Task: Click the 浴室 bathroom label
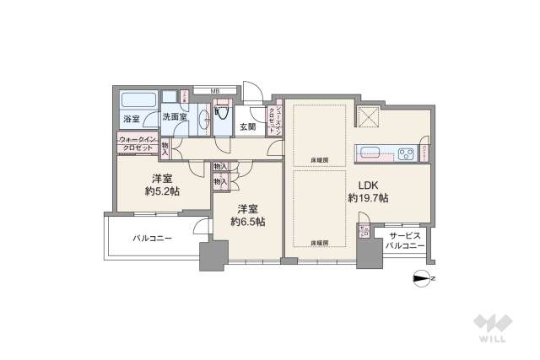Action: click(x=131, y=119)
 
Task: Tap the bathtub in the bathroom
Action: click(x=136, y=98)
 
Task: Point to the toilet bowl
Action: click(x=221, y=121)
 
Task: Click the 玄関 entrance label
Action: click(x=247, y=127)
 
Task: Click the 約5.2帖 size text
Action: click(x=163, y=191)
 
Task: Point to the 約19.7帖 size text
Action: click(x=368, y=198)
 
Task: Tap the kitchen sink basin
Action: click(x=370, y=153)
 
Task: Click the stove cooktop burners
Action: click(x=406, y=153)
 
